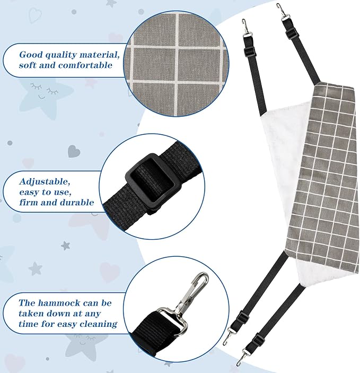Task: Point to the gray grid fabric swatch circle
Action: (176, 64)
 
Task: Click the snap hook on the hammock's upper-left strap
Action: (245, 28)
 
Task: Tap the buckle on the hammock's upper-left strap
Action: (249, 51)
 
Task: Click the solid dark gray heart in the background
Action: (74, 151)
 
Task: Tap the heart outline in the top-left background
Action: (35, 15)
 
